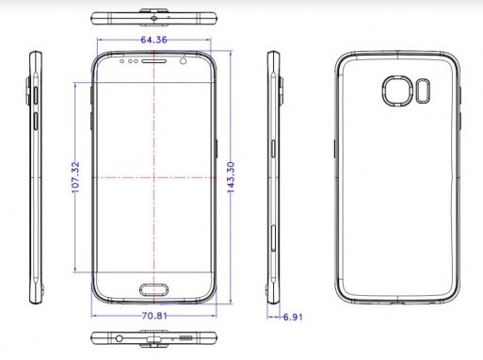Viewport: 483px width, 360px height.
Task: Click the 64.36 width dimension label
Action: (x=153, y=40)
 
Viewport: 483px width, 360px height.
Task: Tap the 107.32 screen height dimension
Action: (x=75, y=177)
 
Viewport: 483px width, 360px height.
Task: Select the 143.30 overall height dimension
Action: (x=231, y=177)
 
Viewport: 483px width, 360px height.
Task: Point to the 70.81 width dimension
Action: (x=154, y=316)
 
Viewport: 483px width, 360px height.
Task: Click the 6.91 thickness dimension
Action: (x=293, y=317)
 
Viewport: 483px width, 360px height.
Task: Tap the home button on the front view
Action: (x=154, y=289)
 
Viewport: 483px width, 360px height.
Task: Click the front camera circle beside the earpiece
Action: (x=184, y=60)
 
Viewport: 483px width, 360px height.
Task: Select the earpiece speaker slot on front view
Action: (x=153, y=61)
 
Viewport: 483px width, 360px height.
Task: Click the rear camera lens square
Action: (x=397, y=90)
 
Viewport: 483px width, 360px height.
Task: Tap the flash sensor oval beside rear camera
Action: (x=423, y=90)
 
